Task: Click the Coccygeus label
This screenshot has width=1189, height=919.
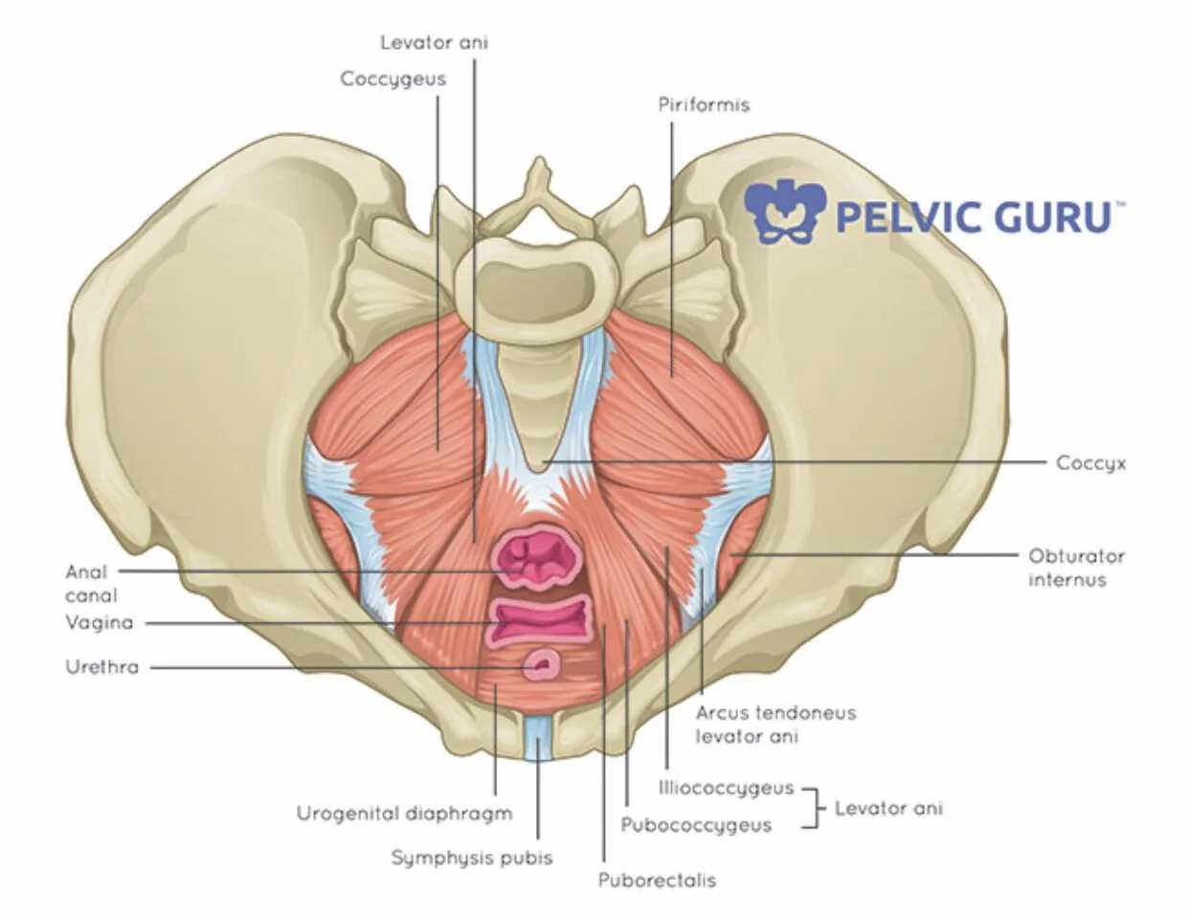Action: tap(393, 79)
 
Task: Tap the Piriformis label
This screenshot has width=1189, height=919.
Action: tap(704, 104)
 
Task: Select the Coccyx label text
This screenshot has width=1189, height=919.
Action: tap(1090, 463)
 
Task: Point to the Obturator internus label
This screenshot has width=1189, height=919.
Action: tap(1076, 568)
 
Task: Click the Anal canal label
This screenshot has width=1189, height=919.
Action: tap(86, 583)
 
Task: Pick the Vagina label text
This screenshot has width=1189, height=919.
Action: tap(99, 623)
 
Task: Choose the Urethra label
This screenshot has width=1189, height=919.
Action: tap(101, 667)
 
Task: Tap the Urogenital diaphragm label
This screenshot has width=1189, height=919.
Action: tap(404, 814)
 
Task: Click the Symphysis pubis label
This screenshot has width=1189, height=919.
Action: tap(471, 857)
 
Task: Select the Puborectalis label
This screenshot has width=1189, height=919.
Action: tap(657, 881)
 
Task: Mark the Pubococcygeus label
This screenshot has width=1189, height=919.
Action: tap(696, 824)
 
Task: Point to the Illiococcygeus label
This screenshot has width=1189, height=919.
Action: tap(727, 788)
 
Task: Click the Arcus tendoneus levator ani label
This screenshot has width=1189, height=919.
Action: tap(775, 725)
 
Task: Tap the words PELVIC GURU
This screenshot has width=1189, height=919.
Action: tap(973, 215)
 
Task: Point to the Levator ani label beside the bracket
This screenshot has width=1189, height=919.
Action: tap(888, 808)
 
